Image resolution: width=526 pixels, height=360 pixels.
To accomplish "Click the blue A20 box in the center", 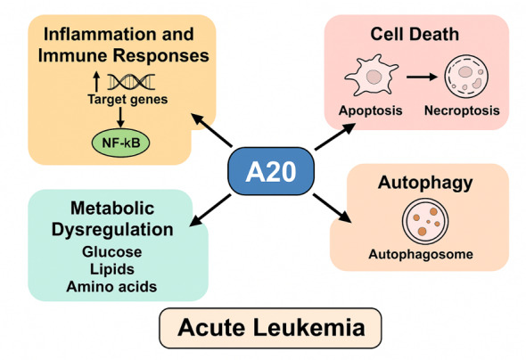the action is [x=271, y=171].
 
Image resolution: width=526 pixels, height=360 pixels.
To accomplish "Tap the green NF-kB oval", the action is [x=120, y=143].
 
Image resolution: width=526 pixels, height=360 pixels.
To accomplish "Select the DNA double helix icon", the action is [x=131, y=82].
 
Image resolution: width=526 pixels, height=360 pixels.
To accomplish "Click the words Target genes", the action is [x=127, y=100].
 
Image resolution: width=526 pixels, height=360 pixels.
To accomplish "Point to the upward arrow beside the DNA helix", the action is [x=96, y=81].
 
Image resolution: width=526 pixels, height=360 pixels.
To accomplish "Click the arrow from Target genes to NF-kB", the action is [x=120, y=117].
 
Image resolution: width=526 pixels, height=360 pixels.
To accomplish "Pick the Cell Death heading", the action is [x=415, y=34].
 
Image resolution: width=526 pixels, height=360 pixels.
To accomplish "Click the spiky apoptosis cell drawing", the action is [x=372, y=76].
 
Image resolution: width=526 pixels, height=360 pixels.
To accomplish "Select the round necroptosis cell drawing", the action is [x=466, y=77].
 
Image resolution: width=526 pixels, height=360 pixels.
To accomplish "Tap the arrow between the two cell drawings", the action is [x=422, y=78].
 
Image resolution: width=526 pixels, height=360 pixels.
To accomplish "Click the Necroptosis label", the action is [x=462, y=110].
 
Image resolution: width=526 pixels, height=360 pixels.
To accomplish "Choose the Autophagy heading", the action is [x=425, y=183].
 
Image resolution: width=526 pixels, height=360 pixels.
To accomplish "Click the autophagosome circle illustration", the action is [x=425, y=221].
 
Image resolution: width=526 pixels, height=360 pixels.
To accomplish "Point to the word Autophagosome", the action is [x=421, y=255].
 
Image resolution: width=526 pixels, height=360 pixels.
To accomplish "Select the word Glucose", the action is [x=111, y=252].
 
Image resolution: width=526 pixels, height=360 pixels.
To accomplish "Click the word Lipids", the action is [x=112, y=269].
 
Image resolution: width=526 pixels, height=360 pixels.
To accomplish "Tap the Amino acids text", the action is [x=111, y=287].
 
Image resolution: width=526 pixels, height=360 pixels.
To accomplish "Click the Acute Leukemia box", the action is [x=270, y=328].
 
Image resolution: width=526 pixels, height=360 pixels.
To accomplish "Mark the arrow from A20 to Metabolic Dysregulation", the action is [x=210, y=210].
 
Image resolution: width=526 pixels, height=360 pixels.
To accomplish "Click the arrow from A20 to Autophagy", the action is [x=333, y=208].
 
